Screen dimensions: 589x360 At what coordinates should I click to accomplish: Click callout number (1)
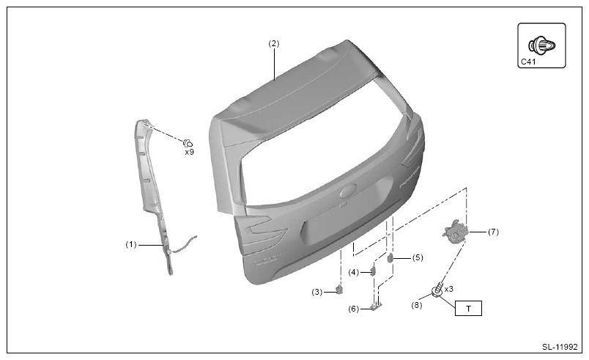tap(130, 245)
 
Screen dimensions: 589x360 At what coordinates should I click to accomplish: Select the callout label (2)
tap(274, 43)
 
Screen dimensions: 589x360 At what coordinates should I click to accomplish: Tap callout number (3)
tap(317, 292)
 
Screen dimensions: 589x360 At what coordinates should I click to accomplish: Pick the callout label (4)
tap(354, 272)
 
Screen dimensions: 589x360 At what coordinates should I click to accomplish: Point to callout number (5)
tap(418, 257)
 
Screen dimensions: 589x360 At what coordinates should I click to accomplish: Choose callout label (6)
tap(354, 309)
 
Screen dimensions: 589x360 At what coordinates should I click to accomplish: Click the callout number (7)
tap(493, 232)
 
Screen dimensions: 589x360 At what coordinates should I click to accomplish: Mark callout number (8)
tap(417, 305)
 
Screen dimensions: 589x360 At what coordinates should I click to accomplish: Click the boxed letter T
tap(468, 309)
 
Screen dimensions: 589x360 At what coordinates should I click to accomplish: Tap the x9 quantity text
tap(189, 153)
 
